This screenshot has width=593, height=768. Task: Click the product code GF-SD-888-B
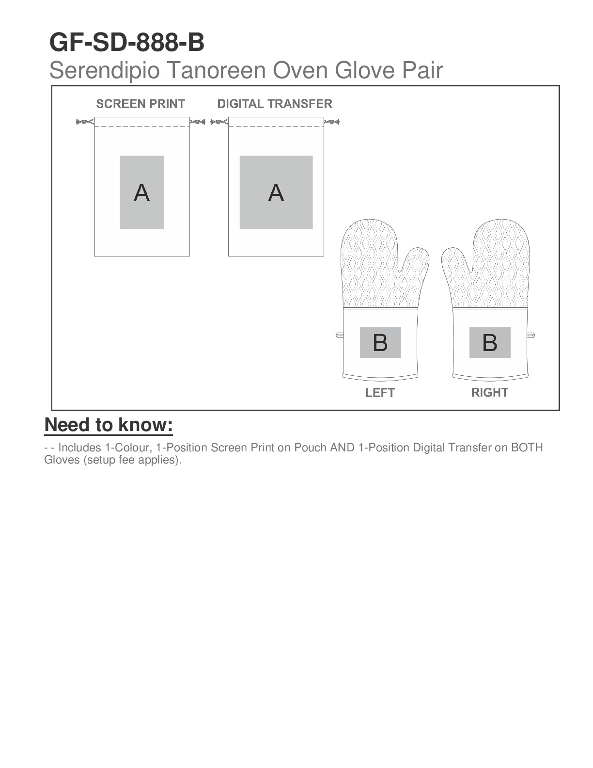[x=127, y=43]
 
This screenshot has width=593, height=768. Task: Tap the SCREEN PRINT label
[x=140, y=104]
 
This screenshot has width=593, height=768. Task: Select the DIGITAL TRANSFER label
[x=275, y=104]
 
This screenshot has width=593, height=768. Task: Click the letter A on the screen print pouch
[x=141, y=193]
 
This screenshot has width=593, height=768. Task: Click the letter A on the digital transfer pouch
[x=276, y=193]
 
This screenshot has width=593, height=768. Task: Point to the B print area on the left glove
[x=380, y=342]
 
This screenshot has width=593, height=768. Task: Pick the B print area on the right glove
[x=490, y=342]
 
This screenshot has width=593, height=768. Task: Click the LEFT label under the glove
[x=380, y=393]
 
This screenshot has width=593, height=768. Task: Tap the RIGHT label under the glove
[x=489, y=392]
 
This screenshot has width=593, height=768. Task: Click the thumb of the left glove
[x=417, y=264]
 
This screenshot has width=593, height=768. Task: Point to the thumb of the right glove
[x=454, y=264]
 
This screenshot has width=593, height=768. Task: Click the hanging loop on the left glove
[x=339, y=335]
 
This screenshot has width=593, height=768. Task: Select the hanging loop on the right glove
[x=531, y=335]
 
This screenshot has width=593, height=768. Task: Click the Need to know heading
[x=109, y=425]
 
